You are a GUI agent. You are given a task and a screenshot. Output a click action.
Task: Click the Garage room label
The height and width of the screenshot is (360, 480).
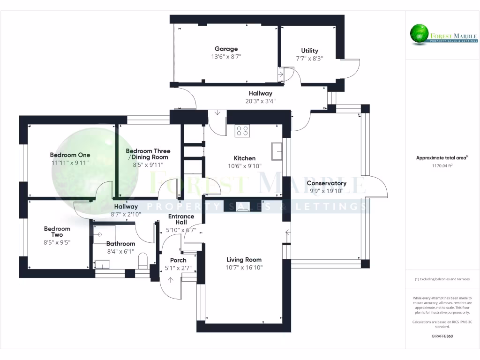click(x=226, y=49)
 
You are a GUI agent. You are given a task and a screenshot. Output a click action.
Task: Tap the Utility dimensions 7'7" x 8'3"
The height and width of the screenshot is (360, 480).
click(x=309, y=58)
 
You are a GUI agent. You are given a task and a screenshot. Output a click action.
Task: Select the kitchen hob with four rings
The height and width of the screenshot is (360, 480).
click(x=242, y=131)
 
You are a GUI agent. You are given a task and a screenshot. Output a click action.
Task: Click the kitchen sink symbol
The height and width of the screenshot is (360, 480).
click(x=277, y=152)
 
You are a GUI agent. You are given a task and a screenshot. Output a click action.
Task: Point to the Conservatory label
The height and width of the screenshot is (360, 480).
click(x=326, y=183)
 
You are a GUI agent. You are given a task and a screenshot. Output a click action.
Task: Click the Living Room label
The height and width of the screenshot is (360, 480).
click(x=244, y=260)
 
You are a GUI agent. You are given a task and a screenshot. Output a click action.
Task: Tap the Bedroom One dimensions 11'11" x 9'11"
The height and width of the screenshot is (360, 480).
click(x=70, y=163)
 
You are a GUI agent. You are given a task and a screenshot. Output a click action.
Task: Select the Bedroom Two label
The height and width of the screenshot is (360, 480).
click(x=57, y=232)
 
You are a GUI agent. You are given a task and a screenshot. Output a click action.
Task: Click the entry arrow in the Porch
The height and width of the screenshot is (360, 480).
click(x=170, y=280)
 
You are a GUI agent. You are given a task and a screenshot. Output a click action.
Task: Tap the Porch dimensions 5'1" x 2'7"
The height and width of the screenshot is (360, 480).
click(x=178, y=268)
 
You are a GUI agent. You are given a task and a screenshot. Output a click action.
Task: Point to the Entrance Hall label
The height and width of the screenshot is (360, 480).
click(x=181, y=219)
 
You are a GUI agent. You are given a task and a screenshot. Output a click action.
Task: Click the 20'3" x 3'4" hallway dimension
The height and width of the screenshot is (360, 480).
click(x=260, y=101)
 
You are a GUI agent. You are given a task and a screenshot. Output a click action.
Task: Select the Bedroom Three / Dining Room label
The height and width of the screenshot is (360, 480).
click(x=148, y=154)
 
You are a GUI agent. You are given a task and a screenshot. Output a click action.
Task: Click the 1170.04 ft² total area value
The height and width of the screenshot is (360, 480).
click(x=442, y=165)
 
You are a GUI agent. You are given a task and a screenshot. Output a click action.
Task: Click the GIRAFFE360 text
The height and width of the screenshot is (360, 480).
click(x=442, y=336)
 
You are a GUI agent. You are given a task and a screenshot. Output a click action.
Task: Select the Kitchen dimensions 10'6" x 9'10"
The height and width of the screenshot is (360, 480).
click(x=245, y=166)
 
